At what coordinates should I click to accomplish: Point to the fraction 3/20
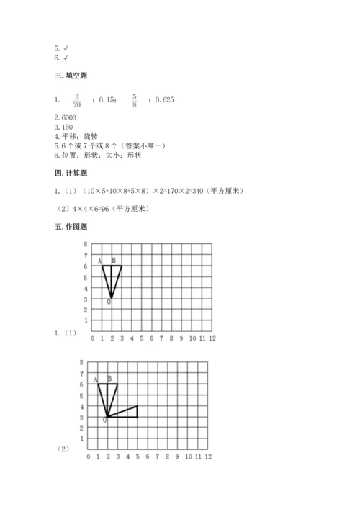pyautogui.click(x=77, y=102)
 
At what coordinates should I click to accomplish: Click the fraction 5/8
pyautogui.click(x=133, y=102)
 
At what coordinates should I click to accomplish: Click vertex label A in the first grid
pyautogui.click(x=99, y=261)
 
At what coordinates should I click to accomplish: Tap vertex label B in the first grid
pyautogui.click(x=113, y=261)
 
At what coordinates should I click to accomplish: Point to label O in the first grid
pyautogui.click(x=109, y=302)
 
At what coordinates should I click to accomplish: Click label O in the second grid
pyautogui.click(x=104, y=419)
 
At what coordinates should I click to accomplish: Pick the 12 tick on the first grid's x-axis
pyautogui.click(x=212, y=338)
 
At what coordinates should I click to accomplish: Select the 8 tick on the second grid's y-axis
pyautogui.click(x=81, y=363)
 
